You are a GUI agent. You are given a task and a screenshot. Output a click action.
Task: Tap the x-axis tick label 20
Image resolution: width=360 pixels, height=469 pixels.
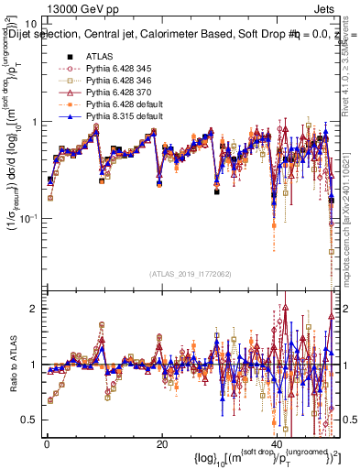click(161, 445)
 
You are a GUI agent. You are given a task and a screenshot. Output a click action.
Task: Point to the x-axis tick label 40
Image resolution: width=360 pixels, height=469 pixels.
click(277, 445)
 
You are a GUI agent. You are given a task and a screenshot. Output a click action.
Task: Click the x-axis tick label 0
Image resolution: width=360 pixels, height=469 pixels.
click(46, 445)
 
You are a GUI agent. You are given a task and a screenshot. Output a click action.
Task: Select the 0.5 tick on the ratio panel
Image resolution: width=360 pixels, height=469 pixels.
click(31, 420)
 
